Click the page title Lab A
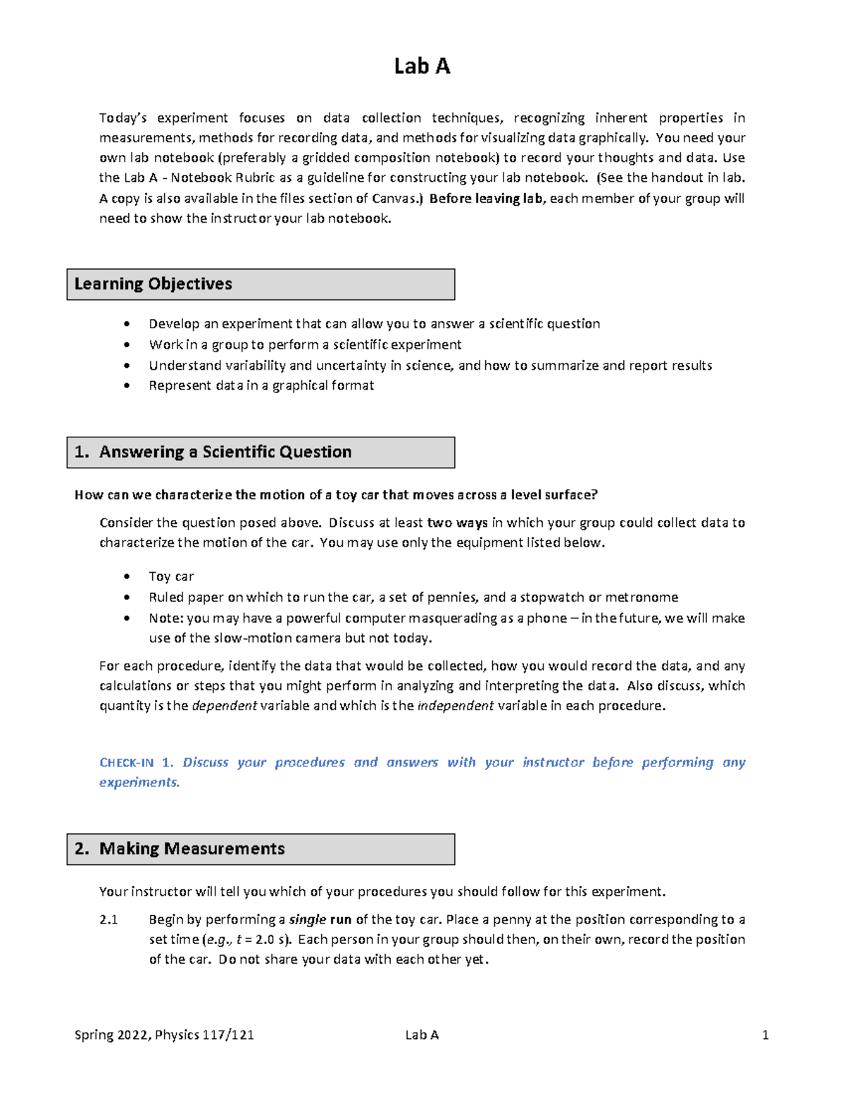[x=422, y=66]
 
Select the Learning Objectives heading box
[x=261, y=284]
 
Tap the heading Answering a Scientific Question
[x=225, y=452]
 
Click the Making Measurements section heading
[x=192, y=849]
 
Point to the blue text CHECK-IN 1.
[x=136, y=762]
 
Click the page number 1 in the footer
[x=765, y=1035]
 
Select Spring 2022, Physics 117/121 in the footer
[x=164, y=1035]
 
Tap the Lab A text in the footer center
[x=422, y=1035]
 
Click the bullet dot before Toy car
[x=127, y=576]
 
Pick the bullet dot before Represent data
[x=127, y=385]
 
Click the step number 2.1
[x=108, y=919]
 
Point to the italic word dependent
[x=224, y=706]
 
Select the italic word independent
[x=455, y=706]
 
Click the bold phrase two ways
[x=457, y=523]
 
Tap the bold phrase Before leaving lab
[x=486, y=199]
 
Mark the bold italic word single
[x=307, y=919]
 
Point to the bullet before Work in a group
[x=127, y=344]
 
